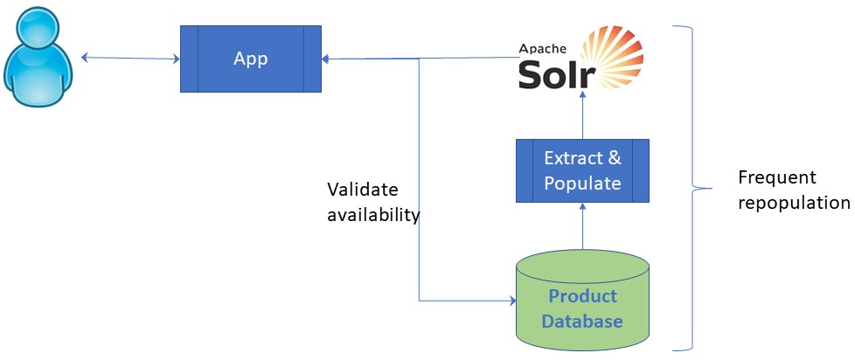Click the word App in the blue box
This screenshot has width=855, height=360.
click(x=250, y=59)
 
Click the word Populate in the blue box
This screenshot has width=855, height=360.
click(x=582, y=183)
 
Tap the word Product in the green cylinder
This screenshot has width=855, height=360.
click(x=582, y=296)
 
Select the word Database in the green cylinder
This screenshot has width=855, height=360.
click(x=582, y=321)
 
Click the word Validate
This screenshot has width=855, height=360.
click(x=362, y=190)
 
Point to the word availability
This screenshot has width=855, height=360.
click(x=373, y=215)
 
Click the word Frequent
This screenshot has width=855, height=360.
click(x=777, y=178)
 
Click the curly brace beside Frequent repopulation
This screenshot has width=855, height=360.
click(x=696, y=187)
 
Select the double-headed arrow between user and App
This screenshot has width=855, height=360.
click(x=130, y=59)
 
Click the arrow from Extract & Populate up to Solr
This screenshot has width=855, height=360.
click(x=582, y=117)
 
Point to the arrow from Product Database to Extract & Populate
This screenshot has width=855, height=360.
click(x=582, y=227)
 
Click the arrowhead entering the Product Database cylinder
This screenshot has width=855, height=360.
click(x=512, y=301)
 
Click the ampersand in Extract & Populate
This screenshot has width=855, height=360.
click(x=615, y=158)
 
